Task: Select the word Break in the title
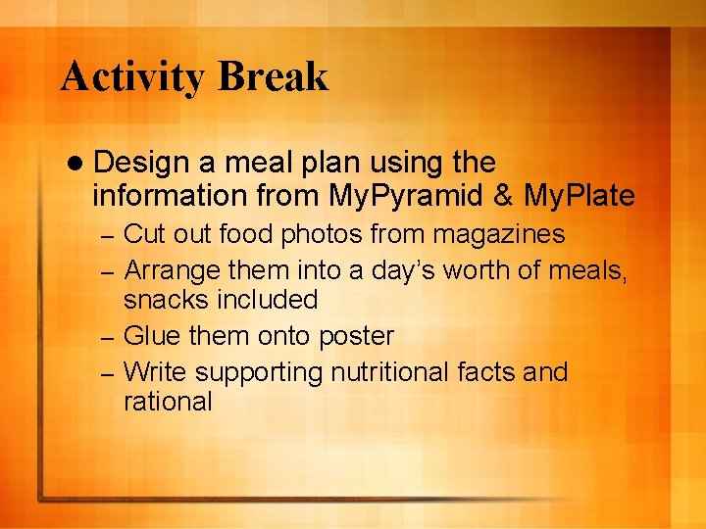(x=274, y=77)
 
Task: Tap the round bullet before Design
(x=76, y=163)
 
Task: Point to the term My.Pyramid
(x=406, y=197)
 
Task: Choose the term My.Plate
(x=580, y=197)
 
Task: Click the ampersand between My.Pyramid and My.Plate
(x=504, y=197)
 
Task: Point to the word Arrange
(x=173, y=268)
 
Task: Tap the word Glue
(x=153, y=336)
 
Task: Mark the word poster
(x=354, y=337)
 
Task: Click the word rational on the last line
(x=168, y=402)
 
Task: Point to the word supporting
(x=259, y=373)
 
